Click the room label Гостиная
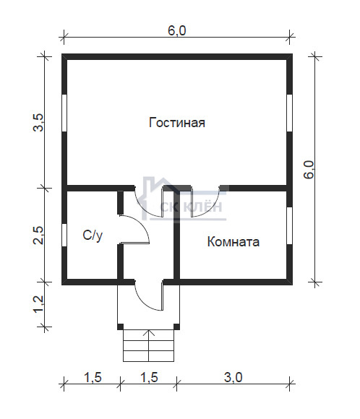(177, 123)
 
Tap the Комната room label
(233, 241)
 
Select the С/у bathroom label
(93, 236)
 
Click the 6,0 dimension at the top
(177, 31)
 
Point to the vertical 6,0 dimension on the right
(309, 170)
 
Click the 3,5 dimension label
(38, 122)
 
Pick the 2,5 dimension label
(38, 236)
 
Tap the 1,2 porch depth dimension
(38, 304)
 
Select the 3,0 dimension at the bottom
(233, 378)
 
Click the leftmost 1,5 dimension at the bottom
(93, 378)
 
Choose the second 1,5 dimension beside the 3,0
(149, 378)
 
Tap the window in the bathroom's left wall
(64, 235)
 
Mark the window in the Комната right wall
(289, 225)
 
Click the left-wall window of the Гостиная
(64, 113)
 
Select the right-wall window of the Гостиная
(289, 113)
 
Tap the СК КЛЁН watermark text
(191, 207)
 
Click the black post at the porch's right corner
(176, 327)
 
